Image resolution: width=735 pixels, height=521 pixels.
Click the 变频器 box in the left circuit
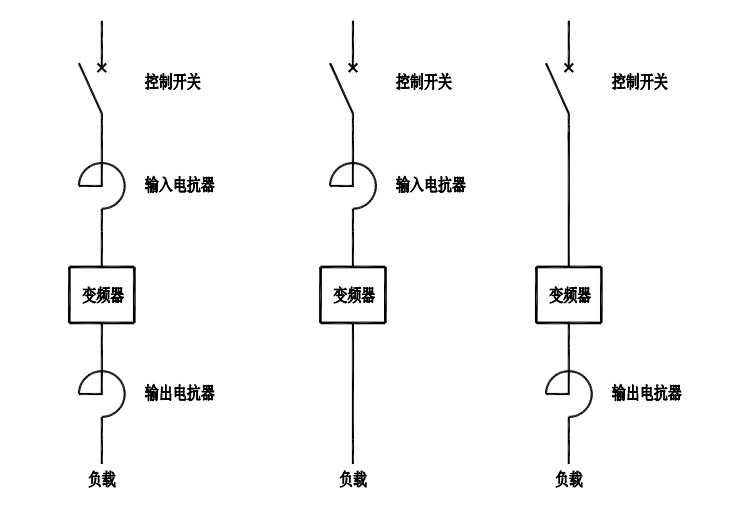click(102, 295)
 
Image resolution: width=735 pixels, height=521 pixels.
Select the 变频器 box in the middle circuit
click(353, 295)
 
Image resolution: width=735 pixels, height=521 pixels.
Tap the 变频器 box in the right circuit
click(569, 295)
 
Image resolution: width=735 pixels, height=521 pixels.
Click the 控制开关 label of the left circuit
click(173, 81)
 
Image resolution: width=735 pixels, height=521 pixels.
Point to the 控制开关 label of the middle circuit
click(424, 81)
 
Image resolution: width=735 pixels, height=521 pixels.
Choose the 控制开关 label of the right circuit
click(640, 81)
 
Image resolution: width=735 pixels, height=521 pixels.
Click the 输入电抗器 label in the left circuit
click(180, 185)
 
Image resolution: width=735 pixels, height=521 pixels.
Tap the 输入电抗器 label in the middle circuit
click(431, 185)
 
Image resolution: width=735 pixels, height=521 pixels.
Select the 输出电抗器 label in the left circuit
click(180, 393)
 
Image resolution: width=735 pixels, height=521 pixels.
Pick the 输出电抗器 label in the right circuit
click(647, 393)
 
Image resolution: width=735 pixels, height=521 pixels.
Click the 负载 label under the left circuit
click(102, 480)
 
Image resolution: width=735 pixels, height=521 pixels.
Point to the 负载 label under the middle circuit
click(353, 480)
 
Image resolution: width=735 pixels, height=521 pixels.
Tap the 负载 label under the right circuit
click(569, 480)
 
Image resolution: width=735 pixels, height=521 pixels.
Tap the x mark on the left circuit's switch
click(102, 68)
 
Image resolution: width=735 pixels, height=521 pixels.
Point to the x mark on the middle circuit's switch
click(353, 68)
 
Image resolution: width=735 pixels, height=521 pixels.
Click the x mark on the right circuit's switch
click(569, 68)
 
